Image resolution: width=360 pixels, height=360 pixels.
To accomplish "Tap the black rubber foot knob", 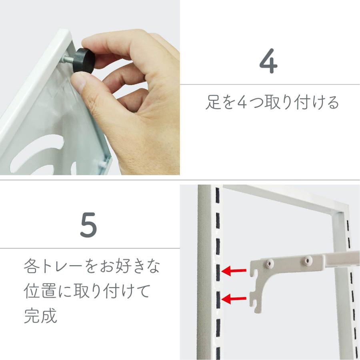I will [x=84, y=61].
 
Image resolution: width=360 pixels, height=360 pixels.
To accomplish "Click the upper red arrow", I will [x=234, y=272].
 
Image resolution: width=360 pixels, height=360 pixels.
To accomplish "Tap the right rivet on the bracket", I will [x=307, y=260].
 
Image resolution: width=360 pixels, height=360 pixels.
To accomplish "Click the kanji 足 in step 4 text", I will [x=213, y=103].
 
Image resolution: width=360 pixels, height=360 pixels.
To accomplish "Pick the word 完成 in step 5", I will [x=40, y=316].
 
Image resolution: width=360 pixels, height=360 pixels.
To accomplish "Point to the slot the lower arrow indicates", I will [x=218, y=298].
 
